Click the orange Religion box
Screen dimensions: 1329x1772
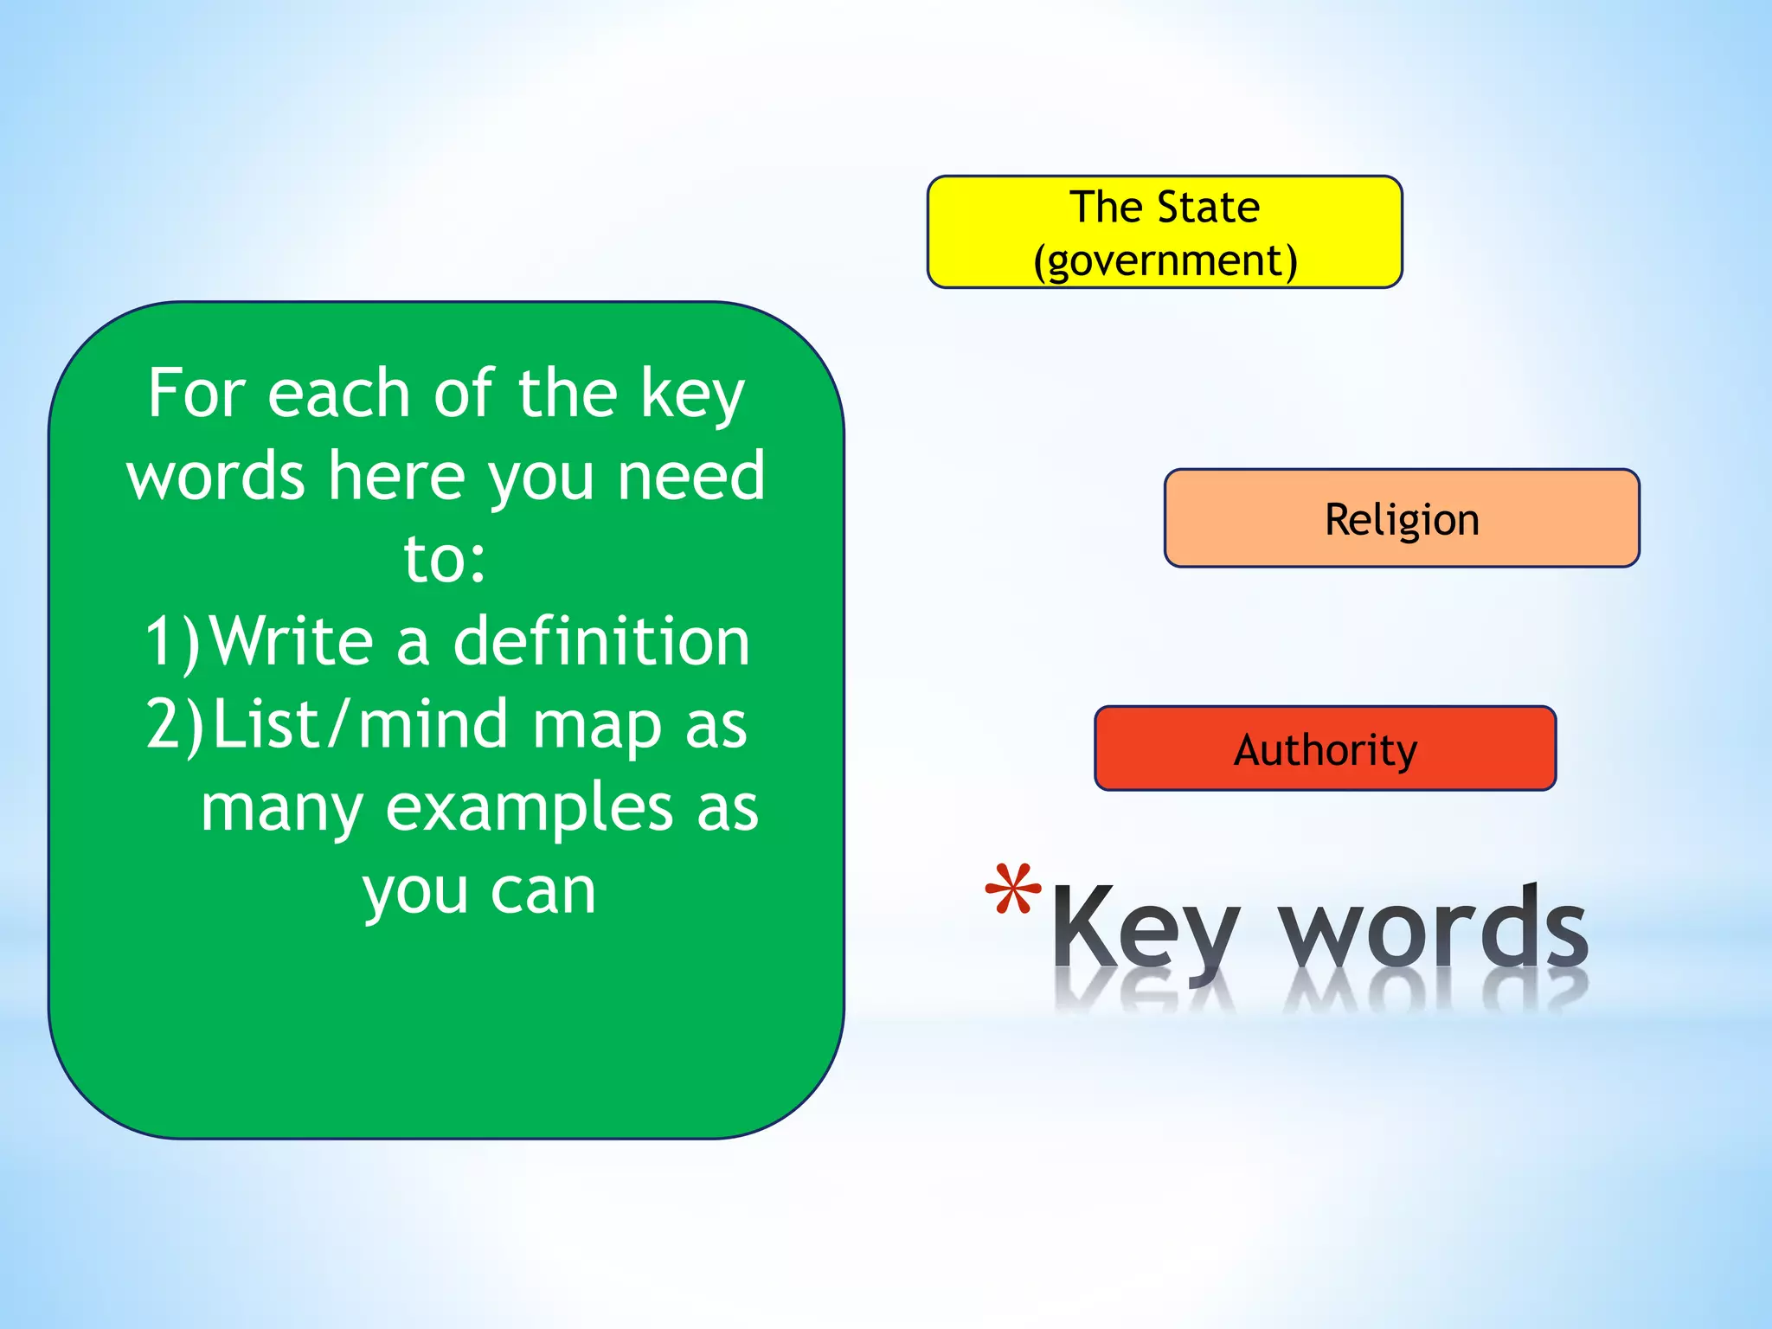tap(1402, 518)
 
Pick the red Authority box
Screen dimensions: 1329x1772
tap(1325, 748)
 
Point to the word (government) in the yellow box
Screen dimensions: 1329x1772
tap(1165, 261)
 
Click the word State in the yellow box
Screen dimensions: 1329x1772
tap(1208, 207)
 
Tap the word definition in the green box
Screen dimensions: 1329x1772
tap(601, 641)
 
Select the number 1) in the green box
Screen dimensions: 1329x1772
tap(171, 642)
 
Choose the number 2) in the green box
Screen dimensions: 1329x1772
tap(174, 724)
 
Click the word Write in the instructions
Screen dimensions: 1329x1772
tap(292, 641)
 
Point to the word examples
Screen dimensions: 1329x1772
tap(529, 808)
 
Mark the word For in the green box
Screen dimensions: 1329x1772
tap(196, 393)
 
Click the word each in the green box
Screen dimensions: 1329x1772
tap(338, 394)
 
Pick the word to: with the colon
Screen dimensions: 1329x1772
tap(445, 559)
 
